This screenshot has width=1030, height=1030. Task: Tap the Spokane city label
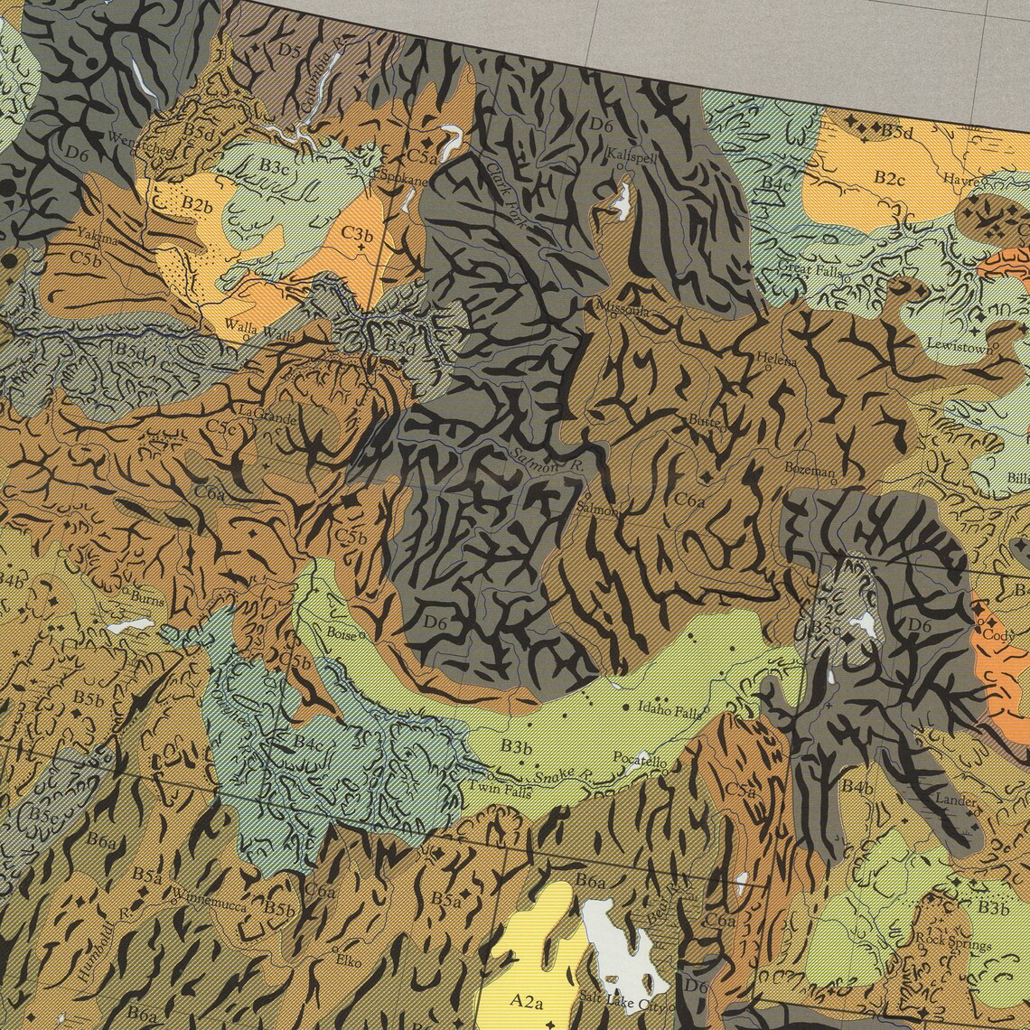(x=403, y=179)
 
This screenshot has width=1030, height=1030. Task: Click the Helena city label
(x=777, y=360)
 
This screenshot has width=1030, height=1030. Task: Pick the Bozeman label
(x=809, y=470)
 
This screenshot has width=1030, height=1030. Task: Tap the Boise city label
(x=342, y=633)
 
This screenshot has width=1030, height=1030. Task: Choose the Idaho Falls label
(x=669, y=710)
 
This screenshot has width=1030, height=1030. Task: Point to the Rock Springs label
(x=952, y=943)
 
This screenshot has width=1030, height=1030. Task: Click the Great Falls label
(x=812, y=269)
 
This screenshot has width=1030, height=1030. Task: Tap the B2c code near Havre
(x=888, y=178)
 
